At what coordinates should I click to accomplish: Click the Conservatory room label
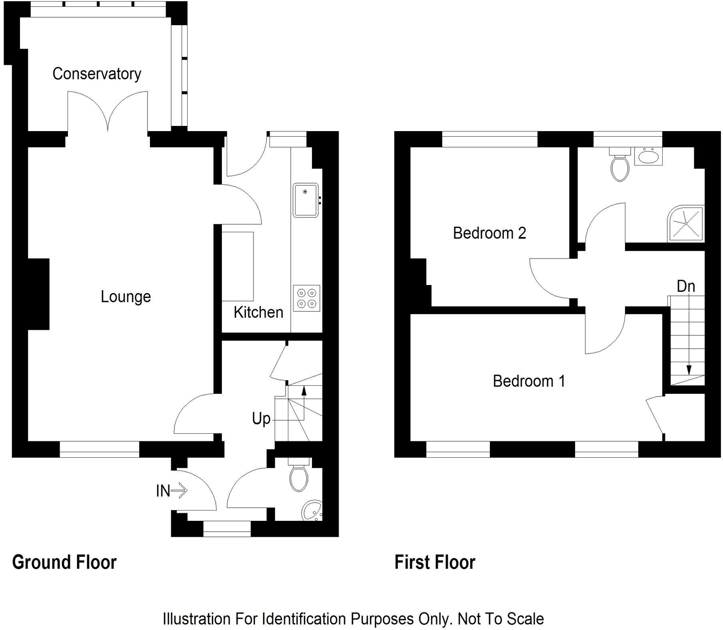pyautogui.click(x=97, y=74)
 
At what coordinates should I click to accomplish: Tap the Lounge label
pyautogui.click(x=126, y=297)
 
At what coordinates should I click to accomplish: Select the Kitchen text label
pyautogui.click(x=258, y=312)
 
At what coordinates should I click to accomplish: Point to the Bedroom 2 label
pyautogui.click(x=489, y=233)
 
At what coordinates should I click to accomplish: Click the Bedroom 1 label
pyautogui.click(x=529, y=381)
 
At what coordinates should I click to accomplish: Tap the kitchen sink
pyautogui.click(x=306, y=200)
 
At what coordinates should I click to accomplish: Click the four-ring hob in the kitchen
pyautogui.click(x=306, y=298)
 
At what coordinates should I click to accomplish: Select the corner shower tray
pyautogui.click(x=686, y=224)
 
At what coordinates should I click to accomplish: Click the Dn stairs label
pyautogui.click(x=686, y=286)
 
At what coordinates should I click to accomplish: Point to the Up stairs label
pyautogui.click(x=261, y=419)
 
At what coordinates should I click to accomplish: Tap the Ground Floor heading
pyautogui.click(x=64, y=562)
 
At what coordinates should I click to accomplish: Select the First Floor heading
pyautogui.click(x=435, y=562)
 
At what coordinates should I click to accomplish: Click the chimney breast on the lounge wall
pyautogui.click(x=38, y=294)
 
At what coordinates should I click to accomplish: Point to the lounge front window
pyautogui.click(x=99, y=449)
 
